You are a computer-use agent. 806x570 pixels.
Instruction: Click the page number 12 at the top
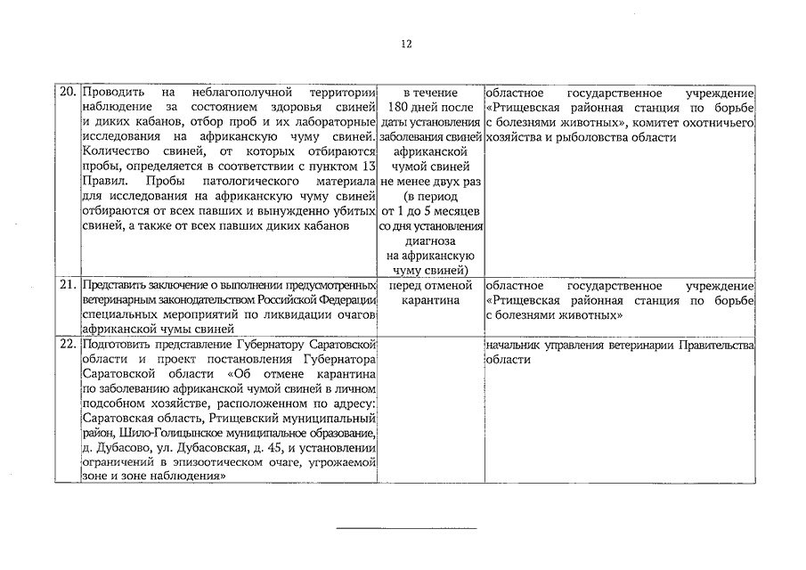(x=405, y=44)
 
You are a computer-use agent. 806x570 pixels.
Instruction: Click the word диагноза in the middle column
(x=430, y=241)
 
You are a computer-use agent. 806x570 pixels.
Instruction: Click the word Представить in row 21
(x=115, y=286)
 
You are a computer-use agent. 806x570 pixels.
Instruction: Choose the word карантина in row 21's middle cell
(x=430, y=300)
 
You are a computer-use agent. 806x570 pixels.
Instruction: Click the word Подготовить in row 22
(x=118, y=345)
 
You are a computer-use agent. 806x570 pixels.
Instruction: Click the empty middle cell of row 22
(x=430, y=410)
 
